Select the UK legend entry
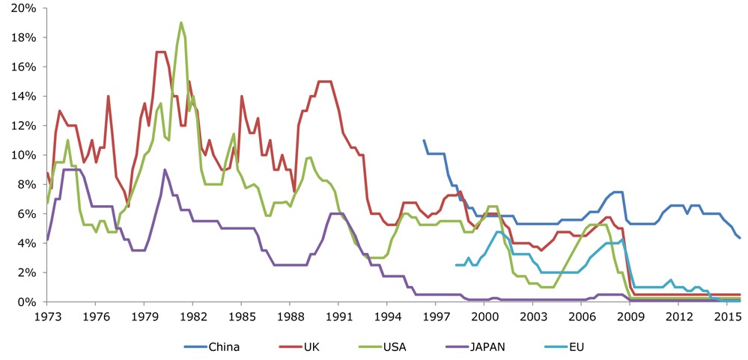tap(314, 347)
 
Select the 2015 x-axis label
tap(726, 316)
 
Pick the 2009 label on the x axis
tap(629, 316)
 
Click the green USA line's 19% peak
tap(181, 22)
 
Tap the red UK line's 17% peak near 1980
tap(159, 52)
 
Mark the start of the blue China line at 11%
tap(424, 140)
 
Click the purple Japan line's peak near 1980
tap(165, 170)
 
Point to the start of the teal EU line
tap(456, 265)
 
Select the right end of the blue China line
tap(740, 237)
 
